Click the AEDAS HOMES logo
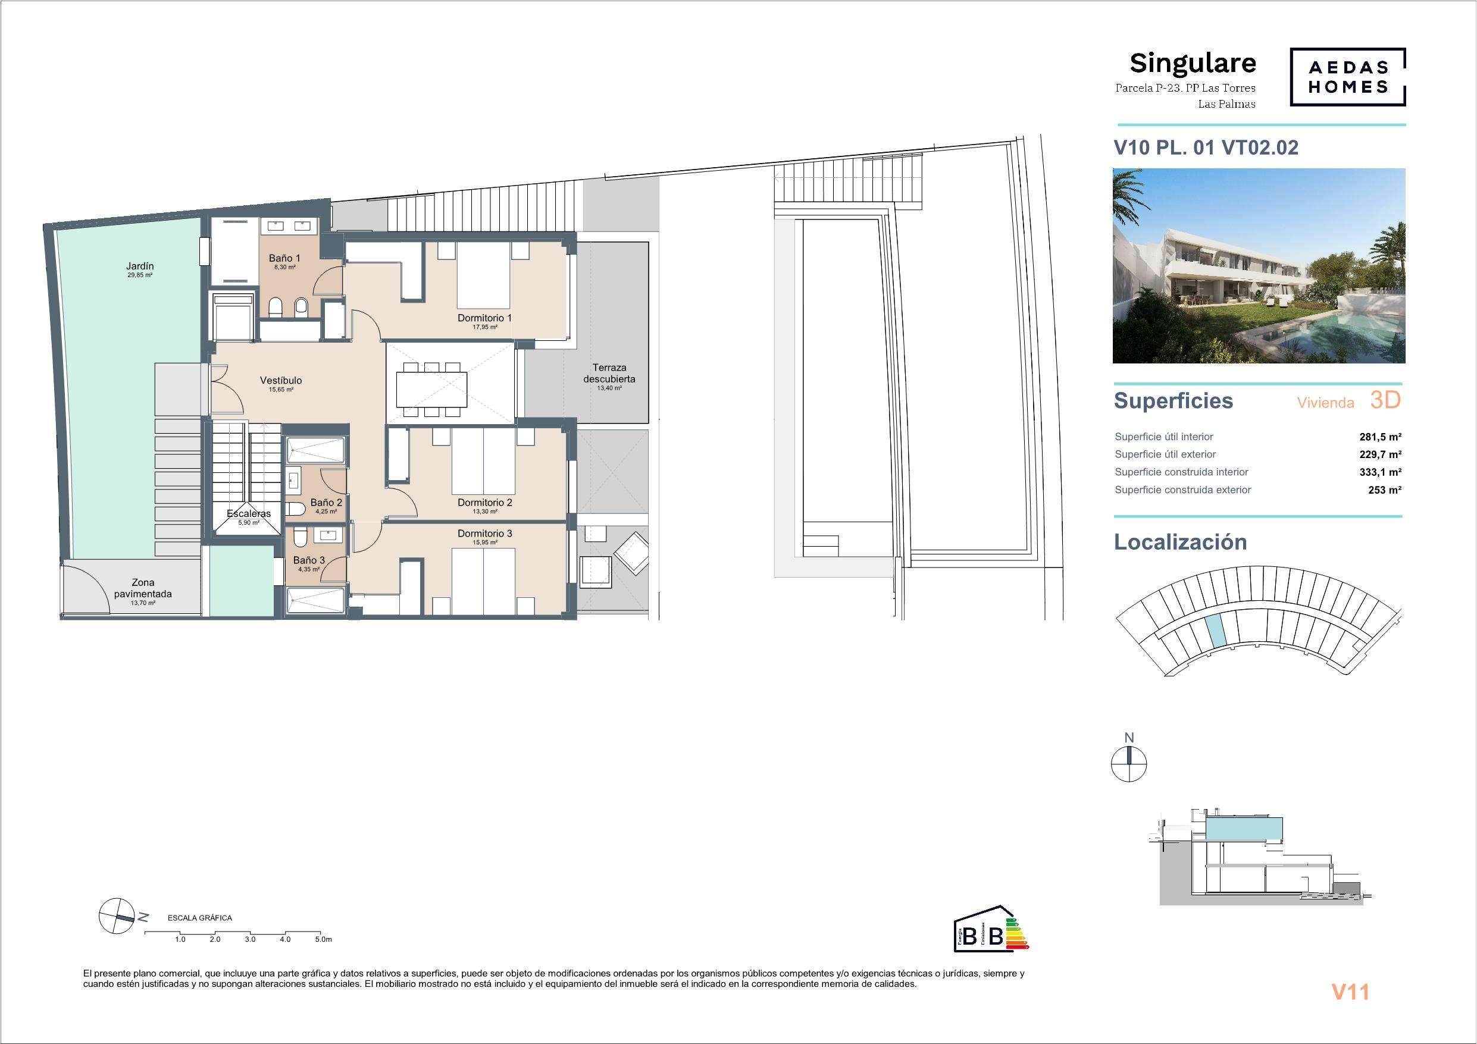pos(1348,77)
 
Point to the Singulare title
pos(1193,63)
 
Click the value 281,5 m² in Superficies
pos(1381,437)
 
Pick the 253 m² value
pos(1385,490)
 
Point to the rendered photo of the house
pos(1259,266)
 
